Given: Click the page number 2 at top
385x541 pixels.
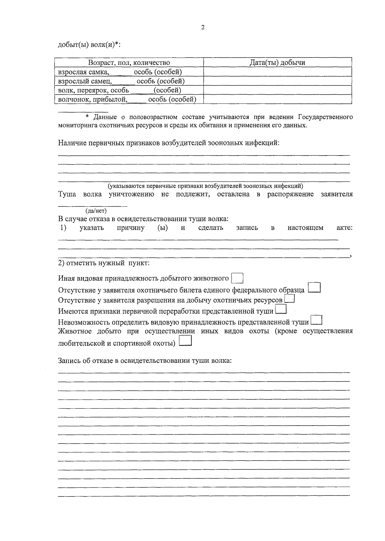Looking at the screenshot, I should pyautogui.click(x=202, y=28).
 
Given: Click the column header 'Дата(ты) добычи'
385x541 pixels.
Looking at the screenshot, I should pyautogui.click(x=277, y=63).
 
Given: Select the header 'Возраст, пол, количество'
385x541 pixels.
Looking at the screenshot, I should pyautogui.click(x=129, y=63).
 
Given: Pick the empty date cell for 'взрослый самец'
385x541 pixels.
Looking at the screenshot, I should pyautogui.click(x=277, y=81).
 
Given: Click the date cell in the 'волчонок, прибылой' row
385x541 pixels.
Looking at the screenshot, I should pyautogui.click(x=277, y=99).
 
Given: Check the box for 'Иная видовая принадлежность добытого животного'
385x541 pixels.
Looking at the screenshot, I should pyautogui.click(x=237, y=278).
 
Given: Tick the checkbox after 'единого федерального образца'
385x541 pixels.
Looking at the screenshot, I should pyautogui.click(x=314, y=288).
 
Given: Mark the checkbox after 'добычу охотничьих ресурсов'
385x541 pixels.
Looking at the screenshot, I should pyautogui.click(x=290, y=299).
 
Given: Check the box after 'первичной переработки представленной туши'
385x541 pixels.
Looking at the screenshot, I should pyautogui.click(x=281, y=309).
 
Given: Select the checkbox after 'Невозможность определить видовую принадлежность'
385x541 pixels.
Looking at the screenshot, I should pyautogui.click(x=317, y=320).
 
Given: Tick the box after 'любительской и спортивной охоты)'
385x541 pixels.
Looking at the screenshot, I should pyautogui.click(x=185, y=341).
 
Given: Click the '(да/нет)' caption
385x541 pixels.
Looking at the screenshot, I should pyautogui.click(x=96, y=211).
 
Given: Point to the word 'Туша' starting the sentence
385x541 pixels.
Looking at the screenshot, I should pyautogui.click(x=67, y=194).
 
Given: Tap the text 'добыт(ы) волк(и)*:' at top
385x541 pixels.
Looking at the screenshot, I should pyautogui.click(x=89, y=45).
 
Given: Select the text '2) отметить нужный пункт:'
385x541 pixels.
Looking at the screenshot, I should pyautogui.click(x=104, y=263).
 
